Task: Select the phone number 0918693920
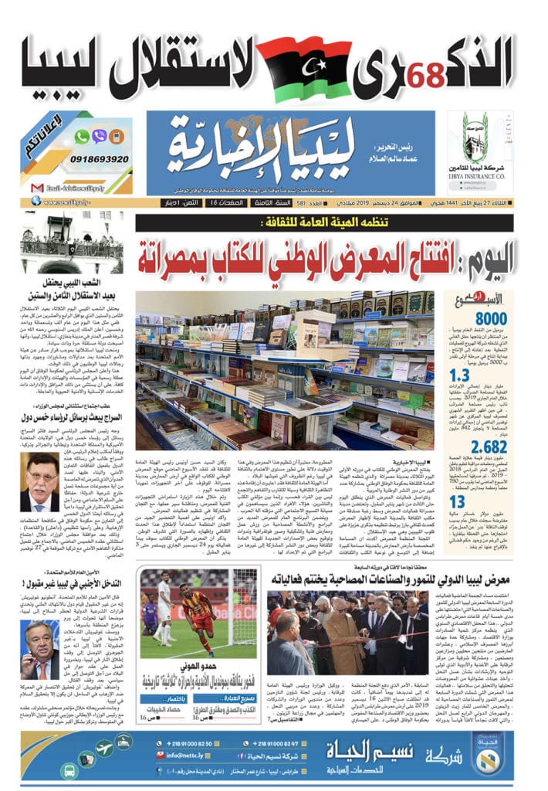pos(97,159)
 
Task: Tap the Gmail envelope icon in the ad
pos(36,188)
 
